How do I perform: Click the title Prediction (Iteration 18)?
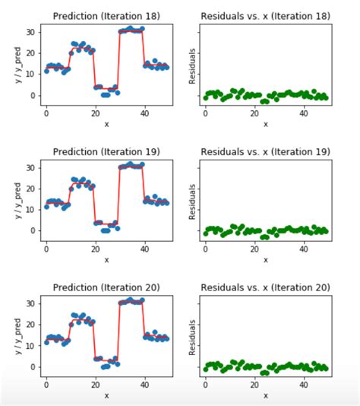(106, 15)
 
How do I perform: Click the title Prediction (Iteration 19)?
(106, 151)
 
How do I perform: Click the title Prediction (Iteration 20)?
(106, 286)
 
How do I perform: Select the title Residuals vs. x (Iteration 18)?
(265, 15)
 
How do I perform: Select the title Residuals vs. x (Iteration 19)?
(265, 151)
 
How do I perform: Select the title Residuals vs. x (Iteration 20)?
(265, 286)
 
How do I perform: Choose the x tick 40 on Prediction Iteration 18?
(144, 113)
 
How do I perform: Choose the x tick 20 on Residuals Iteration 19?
(255, 248)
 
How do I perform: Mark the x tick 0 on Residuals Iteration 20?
(205, 383)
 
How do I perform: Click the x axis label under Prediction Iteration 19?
(106, 260)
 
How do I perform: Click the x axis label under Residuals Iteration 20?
(265, 395)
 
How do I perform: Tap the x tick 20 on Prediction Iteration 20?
(95, 383)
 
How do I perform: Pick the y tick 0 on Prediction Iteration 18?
(31, 95)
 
